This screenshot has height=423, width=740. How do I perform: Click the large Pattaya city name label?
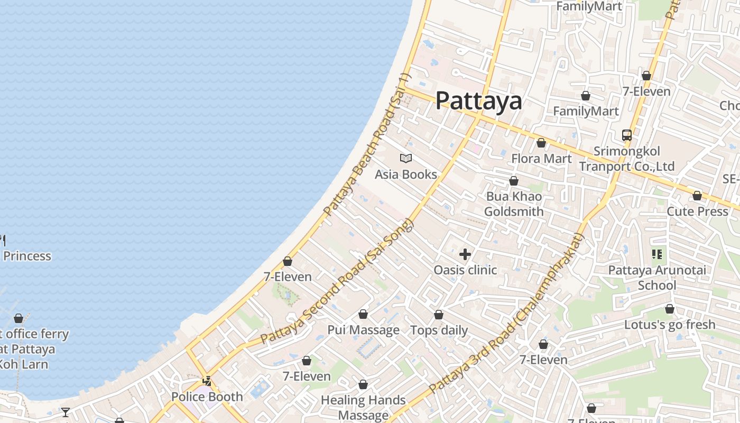[478, 100]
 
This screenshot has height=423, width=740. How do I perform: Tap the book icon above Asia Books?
[406, 158]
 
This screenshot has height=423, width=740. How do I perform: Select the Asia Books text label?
[406, 174]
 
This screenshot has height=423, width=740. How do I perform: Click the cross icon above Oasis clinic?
[465, 255]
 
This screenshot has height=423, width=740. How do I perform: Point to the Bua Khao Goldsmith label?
[514, 204]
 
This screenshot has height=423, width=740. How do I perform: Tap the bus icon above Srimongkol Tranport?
[627, 135]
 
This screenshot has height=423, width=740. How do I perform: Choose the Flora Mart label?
[541, 159]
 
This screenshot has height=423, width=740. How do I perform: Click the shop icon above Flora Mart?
[541, 143]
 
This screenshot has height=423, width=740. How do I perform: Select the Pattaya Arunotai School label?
[657, 278]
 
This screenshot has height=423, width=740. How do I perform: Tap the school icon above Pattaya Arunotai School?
[657, 255]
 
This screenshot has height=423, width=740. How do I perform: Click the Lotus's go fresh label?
[670, 325]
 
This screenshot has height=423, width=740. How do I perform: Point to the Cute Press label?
[698, 212]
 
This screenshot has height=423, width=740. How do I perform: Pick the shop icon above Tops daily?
[439, 315]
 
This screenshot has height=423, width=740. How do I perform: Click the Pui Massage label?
[364, 330]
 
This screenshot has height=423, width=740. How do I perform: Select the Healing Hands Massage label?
[364, 408]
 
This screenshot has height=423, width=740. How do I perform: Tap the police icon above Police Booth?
[207, 381]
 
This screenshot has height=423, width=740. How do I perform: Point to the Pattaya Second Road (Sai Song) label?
[336, 282]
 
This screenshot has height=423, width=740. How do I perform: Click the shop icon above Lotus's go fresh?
[670, 309]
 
